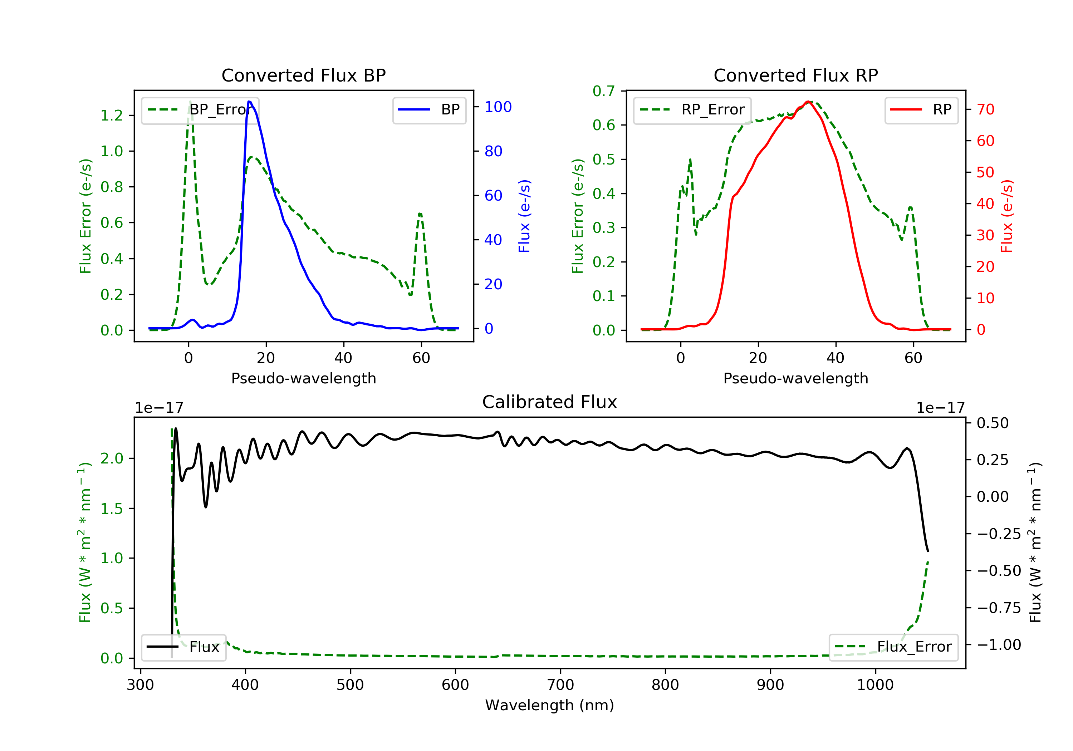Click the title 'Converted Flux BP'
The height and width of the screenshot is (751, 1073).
coord(303,75)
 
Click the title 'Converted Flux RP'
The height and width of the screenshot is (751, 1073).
coord(795,75)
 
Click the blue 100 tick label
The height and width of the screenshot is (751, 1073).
coord(498,107)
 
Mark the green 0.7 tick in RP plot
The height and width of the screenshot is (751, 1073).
coord(603,91)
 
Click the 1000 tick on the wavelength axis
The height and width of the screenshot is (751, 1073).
coord(875,685)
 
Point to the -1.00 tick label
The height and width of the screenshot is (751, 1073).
coord(999,645)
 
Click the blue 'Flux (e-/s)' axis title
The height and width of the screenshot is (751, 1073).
coord(524,216)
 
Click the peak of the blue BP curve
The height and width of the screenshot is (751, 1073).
coord(250,102)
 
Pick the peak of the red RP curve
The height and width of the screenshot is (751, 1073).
coord(807,102)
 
